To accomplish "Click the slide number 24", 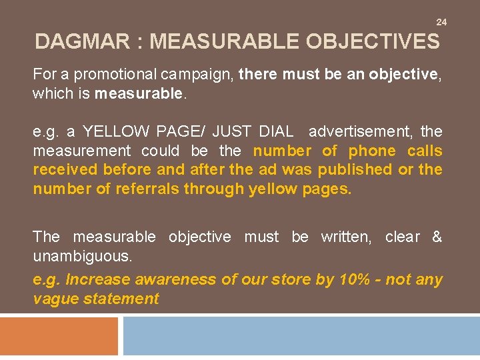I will point(441,23).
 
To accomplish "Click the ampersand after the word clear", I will point(437,237).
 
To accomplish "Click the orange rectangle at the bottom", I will point(59,336).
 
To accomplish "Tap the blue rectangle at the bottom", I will point(301,336).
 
